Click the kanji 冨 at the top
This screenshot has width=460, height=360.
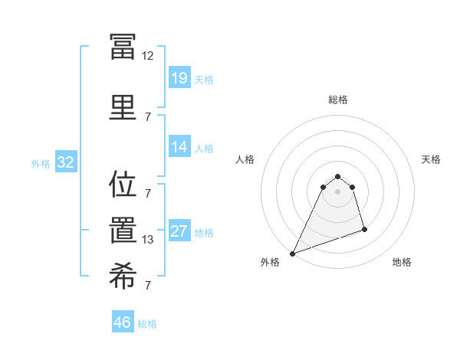123,45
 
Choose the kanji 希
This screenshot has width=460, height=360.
123,277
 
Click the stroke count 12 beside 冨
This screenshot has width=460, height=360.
148,56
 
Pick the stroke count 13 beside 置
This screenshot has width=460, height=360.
148,240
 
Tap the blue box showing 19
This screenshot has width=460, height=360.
179,78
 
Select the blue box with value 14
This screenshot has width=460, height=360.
179,147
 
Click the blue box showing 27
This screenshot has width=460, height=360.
179,232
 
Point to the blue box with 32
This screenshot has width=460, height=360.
65,162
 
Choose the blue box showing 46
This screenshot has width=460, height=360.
123,322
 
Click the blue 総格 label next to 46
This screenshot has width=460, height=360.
147,324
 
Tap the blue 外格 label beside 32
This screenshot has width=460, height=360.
41,163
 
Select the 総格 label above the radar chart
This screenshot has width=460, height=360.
338,100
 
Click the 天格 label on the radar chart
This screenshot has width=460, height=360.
432,159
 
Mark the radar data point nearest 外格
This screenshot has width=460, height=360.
292,254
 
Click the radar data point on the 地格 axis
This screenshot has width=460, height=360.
364,230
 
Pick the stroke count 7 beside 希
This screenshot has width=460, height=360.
148,286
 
